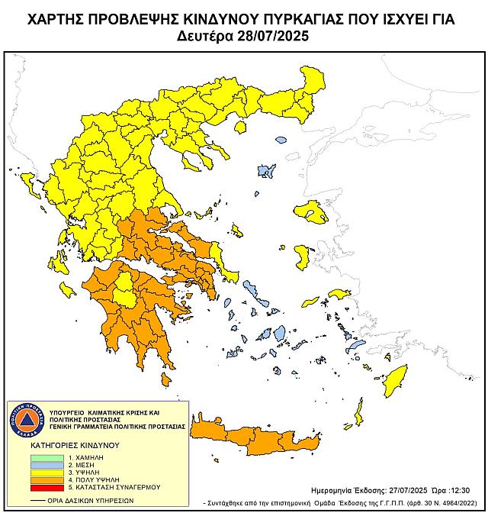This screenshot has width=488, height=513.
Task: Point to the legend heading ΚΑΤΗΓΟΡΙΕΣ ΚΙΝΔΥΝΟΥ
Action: [69, 444]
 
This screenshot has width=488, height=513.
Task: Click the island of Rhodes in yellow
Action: [396, 379]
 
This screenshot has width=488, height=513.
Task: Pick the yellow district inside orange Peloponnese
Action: [125, 293]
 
